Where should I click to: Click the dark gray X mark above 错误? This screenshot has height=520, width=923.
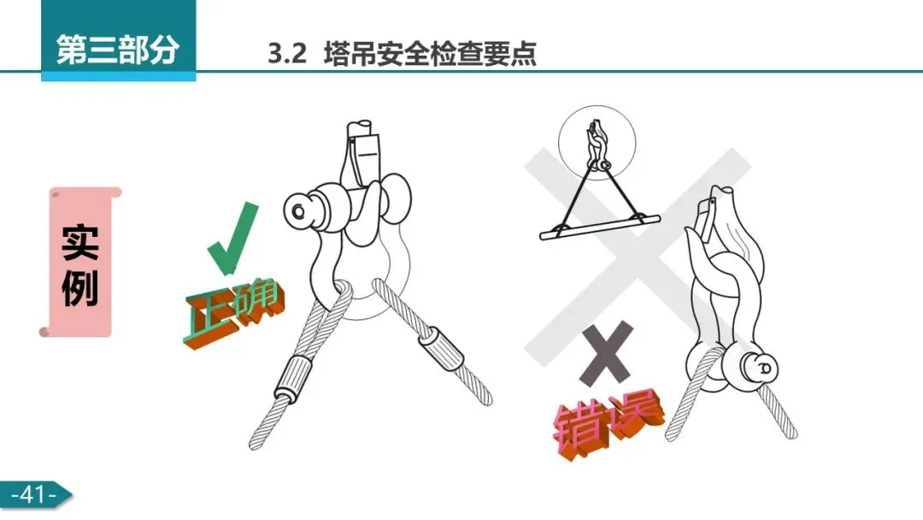tap(607, 352)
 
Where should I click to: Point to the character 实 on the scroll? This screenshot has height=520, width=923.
tap(80, 242)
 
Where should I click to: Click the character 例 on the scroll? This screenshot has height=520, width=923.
tap(80, 288)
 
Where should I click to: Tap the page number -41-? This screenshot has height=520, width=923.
tap(33, 494)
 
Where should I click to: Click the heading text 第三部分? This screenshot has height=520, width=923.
tap(117, 50)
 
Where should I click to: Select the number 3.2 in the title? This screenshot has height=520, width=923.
tap(287, 54)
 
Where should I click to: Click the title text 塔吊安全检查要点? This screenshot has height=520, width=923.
tap(430, 54)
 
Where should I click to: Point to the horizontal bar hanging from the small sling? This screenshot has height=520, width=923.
tap(600, 227)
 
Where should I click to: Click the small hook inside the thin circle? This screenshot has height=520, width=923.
tap(597, 145)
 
